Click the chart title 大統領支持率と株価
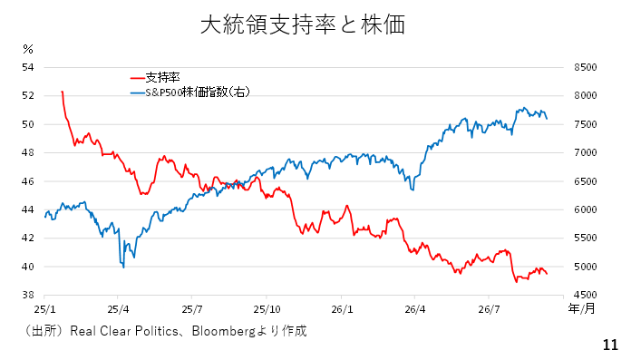(303, 24)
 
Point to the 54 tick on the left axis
(28, 67)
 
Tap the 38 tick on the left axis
(28, 296)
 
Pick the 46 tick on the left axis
(28, 181)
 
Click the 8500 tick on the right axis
(586, 67)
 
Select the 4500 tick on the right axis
(586, 296)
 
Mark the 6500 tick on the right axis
(586, 181)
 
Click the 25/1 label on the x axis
(44, 309)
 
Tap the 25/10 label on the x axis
(267, 309)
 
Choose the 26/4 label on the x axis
(415, 309)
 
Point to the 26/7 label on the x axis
(489, 309)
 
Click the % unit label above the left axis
(28, 49)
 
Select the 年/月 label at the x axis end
(581, 308)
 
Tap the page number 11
(610, 345)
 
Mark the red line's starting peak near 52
(62, 92)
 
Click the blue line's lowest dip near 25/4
(123, 267)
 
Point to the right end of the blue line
(547, 119)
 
